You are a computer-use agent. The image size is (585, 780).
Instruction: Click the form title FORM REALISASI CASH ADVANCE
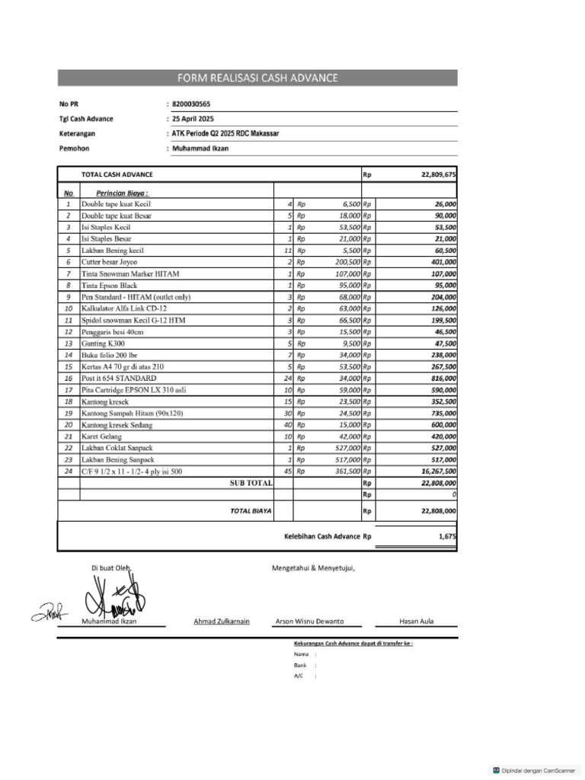[x=257, y=78]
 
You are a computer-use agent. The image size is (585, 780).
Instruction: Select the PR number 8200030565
[x=191, y=104]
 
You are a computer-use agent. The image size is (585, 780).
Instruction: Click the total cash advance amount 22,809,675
[x=438, y=174]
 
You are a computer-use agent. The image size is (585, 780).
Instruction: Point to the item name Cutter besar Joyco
[x=110, y=262]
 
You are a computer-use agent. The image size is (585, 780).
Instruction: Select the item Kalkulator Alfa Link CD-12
[x=123, y=308]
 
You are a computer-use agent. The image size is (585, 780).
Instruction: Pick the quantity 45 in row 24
[x=288, y=472]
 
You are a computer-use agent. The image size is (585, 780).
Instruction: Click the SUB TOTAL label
[x=251, y=483]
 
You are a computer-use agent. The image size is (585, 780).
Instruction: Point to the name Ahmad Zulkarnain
[x=222, y=621]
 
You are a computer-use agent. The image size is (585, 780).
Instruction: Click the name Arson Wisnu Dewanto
[x=309, y=621]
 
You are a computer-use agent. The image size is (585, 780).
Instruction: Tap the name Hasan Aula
[x=416, y=621]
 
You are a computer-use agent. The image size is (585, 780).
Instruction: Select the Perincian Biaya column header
[x=122, y=193]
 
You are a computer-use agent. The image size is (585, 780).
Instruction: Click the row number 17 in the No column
[x=69, y=390]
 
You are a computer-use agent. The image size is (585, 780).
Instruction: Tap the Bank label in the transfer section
[x=300, y=665]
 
